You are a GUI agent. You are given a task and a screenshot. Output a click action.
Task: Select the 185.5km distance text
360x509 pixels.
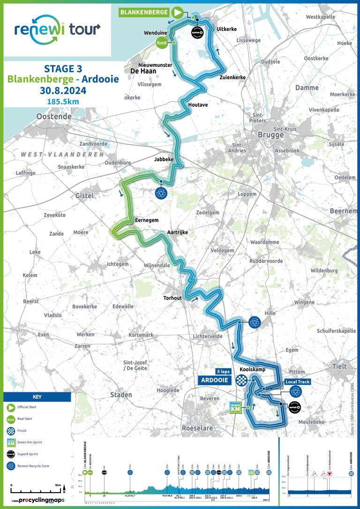pyautogui.click(x=62, y=100)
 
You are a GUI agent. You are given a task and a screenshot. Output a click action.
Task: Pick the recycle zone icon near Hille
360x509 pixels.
pyautogui.click(x=254, y=322)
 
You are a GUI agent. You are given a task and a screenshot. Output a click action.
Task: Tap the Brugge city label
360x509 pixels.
pyautogui.click(x=270, y=135)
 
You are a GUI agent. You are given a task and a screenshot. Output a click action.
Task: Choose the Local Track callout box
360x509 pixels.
pyautogui.click(x=297, y=382)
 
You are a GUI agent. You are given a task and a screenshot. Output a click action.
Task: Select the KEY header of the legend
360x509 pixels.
pyautogui.click(x=37, y=397)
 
